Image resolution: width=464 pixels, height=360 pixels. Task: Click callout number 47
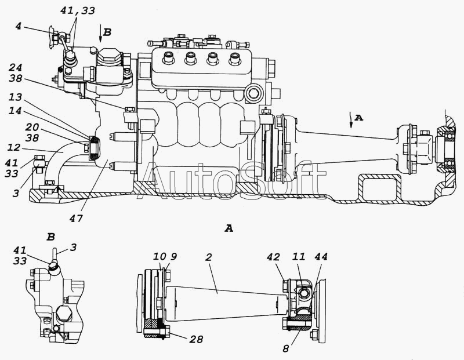(x=76, y=219)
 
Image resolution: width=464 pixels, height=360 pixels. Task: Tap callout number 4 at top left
(x=19, y=26)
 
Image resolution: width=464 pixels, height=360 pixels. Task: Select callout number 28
(x=196, y=339)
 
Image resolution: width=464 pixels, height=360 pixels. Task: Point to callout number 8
(x=285, y=348)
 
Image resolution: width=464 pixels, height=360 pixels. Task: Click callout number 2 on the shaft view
(x=209, y=257)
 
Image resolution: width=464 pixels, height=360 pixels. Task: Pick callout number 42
(x=273, y=257)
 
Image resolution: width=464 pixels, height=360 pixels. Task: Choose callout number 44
(x=321, y=257)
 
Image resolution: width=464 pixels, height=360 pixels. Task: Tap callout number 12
(x=14, y=147)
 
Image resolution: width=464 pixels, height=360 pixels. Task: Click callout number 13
(x=15, y=97)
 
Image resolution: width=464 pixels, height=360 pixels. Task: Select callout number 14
(x=15, y=111)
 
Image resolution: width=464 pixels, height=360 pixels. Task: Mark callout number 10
(x=160, y=256)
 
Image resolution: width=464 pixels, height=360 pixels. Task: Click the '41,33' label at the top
(x=78, y=10)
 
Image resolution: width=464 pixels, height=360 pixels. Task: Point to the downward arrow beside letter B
(x=100, y=35)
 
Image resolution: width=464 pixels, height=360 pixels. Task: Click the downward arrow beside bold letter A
(x=351, y=120)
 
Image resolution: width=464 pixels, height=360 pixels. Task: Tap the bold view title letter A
(x=229, y=228)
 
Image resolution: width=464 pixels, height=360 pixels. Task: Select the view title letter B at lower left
(x=51, y=237)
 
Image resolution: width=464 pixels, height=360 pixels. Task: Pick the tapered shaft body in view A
(x=226, y=303)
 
